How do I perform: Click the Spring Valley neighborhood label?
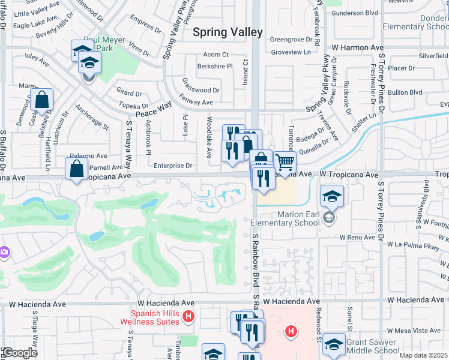coord(228,32)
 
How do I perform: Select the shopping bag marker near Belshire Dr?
coord(43,100)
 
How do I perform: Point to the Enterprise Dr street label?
coord(172,166)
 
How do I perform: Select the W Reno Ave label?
coord(356,238)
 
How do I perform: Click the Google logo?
coord(19,353)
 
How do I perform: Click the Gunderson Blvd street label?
coord(354,12)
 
